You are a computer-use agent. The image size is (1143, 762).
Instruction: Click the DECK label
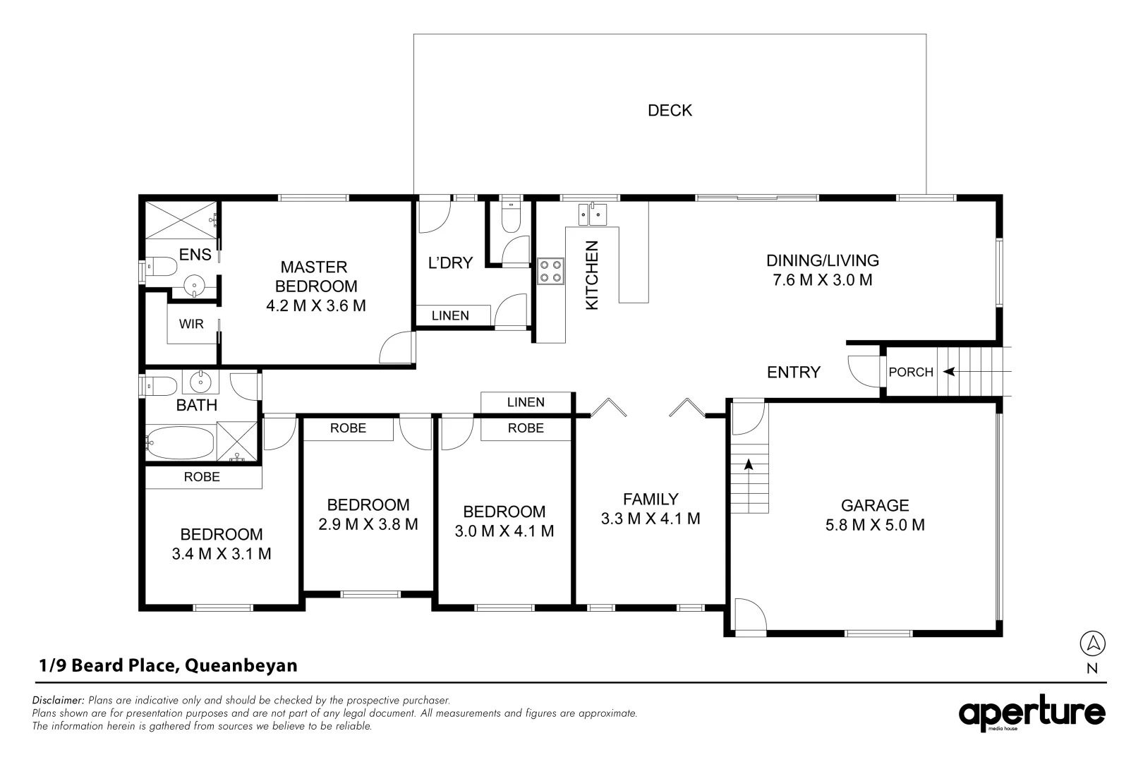pos(670,110)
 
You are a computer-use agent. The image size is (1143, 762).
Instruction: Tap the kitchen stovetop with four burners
pos(550,271)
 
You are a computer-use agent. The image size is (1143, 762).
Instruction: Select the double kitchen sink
pos(593,214)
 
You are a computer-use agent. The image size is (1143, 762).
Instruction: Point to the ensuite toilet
pos(162,267)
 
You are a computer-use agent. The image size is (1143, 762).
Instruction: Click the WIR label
pos(191,324)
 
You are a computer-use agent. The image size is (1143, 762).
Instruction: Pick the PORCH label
pos(911,372)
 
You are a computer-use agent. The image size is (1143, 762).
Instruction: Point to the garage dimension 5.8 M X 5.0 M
pos(875,525)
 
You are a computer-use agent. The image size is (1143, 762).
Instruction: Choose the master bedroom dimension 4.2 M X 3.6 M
pos(316,306)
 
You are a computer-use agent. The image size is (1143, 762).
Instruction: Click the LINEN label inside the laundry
pos(450,315)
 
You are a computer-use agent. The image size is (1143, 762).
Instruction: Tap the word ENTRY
pos(794,372)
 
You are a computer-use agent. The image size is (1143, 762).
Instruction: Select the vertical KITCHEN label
pos(591,275)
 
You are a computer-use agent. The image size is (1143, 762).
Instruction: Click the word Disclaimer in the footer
pos(58,700)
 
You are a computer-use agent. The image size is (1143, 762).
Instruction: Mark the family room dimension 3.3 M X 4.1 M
pos(651,519)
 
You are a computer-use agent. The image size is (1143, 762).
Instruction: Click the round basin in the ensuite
pos(194,285)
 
